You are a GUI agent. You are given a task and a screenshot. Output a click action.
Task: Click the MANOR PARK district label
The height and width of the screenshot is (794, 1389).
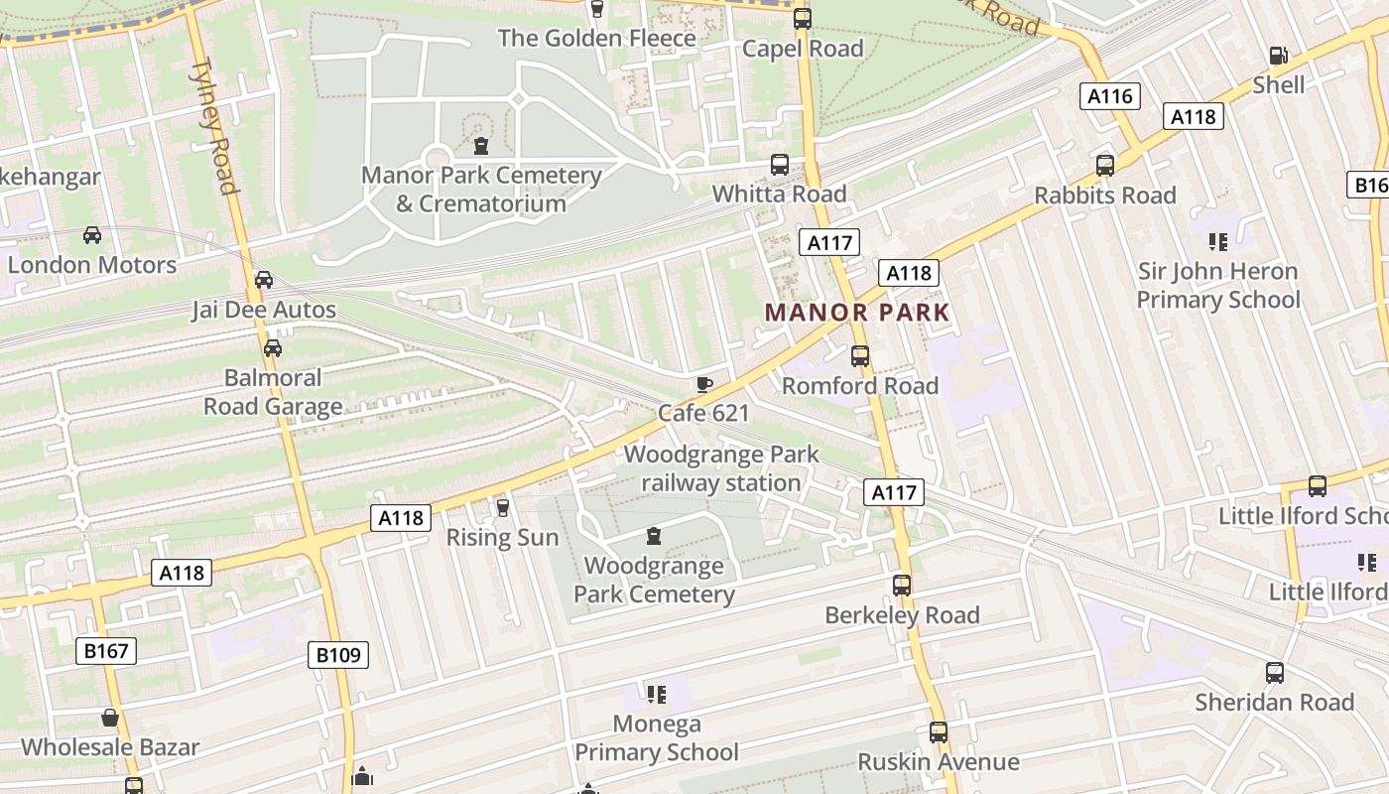857,313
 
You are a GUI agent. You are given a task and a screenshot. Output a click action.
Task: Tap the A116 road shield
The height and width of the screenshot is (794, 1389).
1109,96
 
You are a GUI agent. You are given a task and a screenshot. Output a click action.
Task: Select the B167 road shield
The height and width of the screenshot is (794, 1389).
106,651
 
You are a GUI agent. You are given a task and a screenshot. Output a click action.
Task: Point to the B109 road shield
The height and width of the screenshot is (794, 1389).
339,655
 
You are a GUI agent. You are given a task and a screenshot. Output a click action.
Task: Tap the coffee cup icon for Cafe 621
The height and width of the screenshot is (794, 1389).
703,384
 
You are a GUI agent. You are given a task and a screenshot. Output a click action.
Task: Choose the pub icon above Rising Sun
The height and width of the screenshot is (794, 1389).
502,508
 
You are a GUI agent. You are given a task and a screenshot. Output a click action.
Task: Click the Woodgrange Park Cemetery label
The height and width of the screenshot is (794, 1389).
654,581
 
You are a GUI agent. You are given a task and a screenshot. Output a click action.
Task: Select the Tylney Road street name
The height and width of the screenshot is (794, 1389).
215,126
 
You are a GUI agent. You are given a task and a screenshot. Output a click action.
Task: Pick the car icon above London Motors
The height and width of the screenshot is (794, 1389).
91,235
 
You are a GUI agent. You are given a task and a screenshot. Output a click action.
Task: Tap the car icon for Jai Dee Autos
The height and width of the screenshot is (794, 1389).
264,280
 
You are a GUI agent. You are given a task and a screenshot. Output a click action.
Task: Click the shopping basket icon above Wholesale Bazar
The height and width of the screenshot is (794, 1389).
110,718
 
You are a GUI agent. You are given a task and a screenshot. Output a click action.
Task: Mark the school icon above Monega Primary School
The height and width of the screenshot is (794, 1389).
656,694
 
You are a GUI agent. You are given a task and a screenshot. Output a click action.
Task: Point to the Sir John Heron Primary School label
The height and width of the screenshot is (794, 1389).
1217,286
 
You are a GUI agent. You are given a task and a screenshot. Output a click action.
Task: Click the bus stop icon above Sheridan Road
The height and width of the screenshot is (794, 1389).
1275,673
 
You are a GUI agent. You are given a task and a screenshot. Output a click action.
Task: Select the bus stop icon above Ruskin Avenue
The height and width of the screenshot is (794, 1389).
939,732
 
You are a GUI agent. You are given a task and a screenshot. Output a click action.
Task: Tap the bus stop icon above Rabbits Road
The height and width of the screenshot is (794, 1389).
1105,165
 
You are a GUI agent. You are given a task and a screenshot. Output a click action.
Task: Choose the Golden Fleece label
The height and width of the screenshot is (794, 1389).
597,39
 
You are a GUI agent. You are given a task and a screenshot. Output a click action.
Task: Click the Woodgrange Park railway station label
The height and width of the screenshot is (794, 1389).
721,469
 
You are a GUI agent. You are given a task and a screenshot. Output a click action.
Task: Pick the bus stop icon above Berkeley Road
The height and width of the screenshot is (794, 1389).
902,586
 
